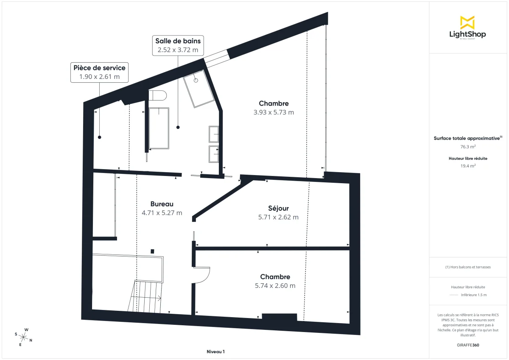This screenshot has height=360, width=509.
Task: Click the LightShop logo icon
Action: (x=467, y=22)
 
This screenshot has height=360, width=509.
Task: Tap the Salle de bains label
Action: (x=178, y=41)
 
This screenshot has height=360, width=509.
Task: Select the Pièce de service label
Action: (x=99, y=68)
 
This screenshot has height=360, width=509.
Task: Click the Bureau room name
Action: (x=162, y=204)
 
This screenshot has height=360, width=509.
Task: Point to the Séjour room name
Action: (x=278, y=208)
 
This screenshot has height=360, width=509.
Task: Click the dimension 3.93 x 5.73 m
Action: (x=274, y=112)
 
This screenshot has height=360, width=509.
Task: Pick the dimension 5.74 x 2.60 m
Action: (x=275, y=286)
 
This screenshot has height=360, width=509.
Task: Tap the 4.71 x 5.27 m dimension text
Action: (x=162, y=213)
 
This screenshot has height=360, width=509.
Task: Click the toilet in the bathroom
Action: (x=158, y=95)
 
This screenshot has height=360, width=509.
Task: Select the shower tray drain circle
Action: (x=196, y=80)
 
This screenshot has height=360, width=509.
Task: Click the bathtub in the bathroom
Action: (x=159, y=128)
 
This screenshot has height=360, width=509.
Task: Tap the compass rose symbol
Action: (x=24, y=337)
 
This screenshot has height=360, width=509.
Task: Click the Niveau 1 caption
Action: (x=215, y=352)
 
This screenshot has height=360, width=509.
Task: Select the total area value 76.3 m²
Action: (x=468, y=147)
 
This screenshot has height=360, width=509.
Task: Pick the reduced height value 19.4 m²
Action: (x=468, y=166)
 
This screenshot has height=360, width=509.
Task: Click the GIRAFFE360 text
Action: (x=468, y=345)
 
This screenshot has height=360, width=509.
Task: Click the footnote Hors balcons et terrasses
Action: (x=468, y=267)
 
